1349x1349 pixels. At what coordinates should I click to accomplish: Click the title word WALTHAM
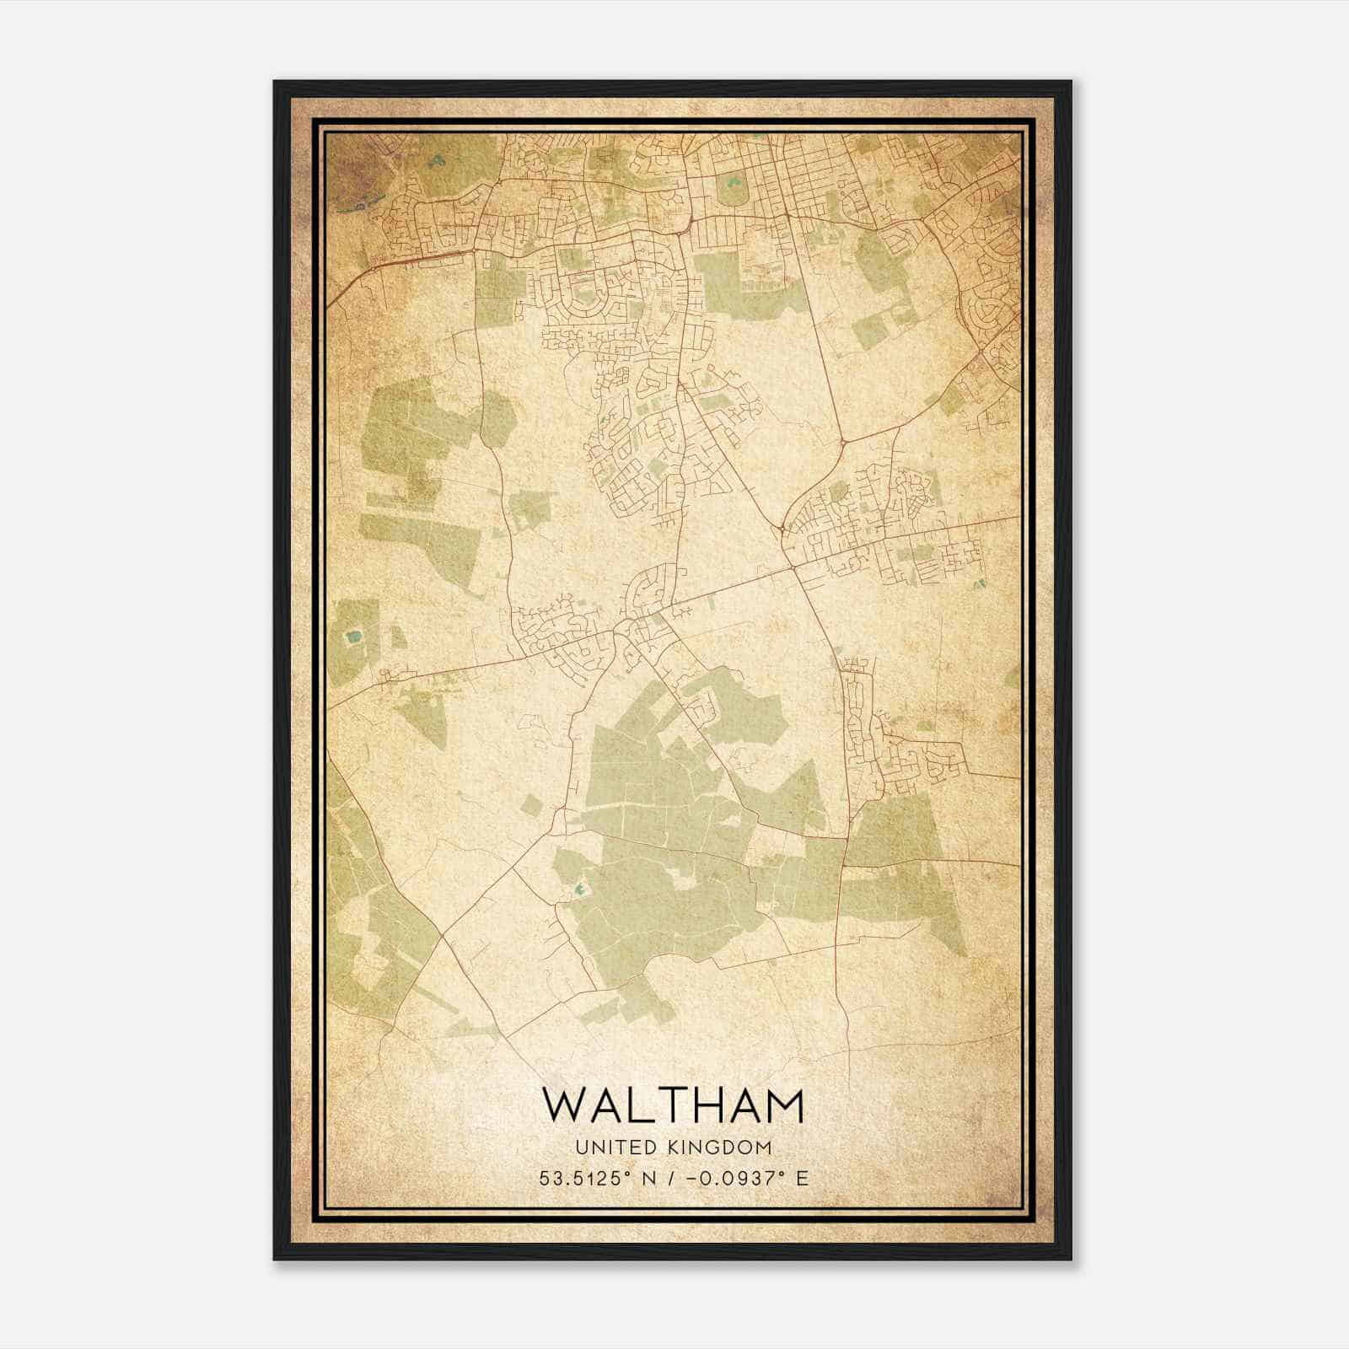(x=673, y=1105)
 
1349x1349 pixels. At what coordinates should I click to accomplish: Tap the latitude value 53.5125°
(x=589, y=1178)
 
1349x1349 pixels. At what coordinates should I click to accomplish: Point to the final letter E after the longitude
(x=802, y=1178)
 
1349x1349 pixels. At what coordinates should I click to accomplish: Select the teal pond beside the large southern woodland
(x=578, y=889)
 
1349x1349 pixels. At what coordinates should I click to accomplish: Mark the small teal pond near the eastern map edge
(x=978, y=583)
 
